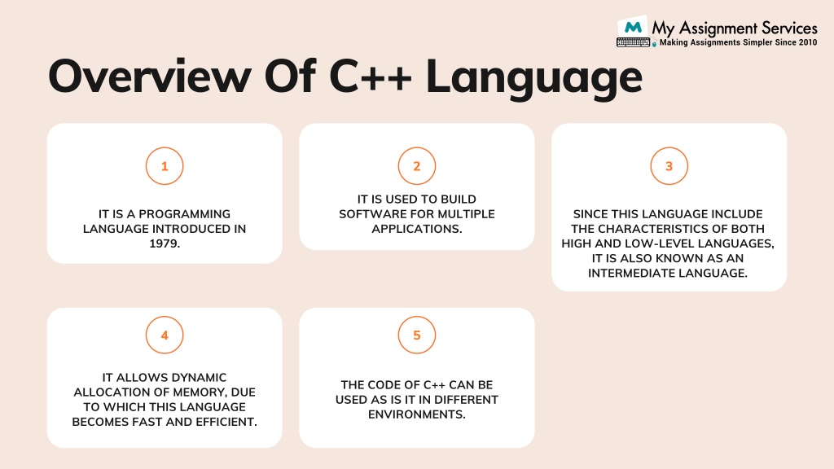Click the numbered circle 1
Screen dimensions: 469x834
(x=165, y=166)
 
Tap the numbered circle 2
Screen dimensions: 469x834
(x=417, y=166)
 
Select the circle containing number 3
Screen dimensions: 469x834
(x=669, y=166)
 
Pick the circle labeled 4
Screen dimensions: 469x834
(x=165, y=335)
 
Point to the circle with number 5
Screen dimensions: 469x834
(x=417, y=335)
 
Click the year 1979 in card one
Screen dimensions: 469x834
(x=165, y=243)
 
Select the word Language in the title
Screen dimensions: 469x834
(x=534, y=77)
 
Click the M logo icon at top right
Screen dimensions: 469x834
(x=633, y=28)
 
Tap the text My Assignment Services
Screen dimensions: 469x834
(x=734, y=28)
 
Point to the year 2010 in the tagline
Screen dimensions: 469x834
(x=806, y=42)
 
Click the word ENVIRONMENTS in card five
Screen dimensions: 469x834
(x=417, y=414)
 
